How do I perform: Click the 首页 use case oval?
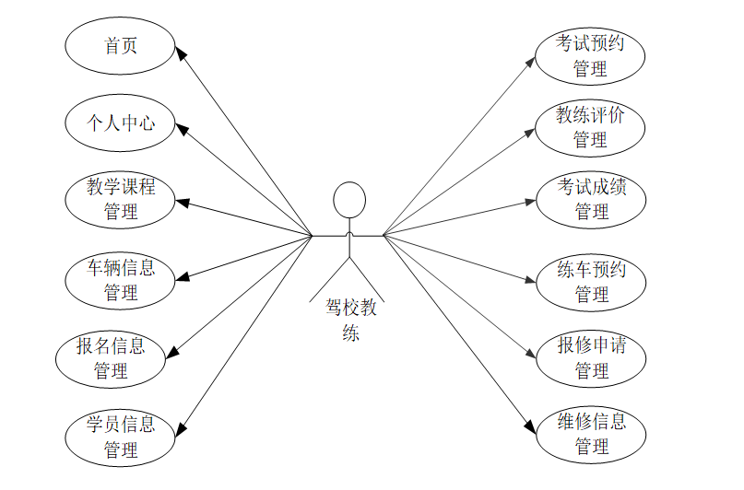pyautogui.click(x=121, y=44)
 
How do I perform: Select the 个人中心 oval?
pyautogui.click(x=121, y=122)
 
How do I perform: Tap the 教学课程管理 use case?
pyautogui.click(x=121, y=199)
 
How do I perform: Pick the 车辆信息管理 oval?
pyautogui.click(x=121, y=280)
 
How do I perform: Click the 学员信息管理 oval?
pyautogui.click(x=121, y=437)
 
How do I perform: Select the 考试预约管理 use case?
pyautogui.click(x=590, y=54)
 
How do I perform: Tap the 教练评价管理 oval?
pyautogui.click(x=590, y=127)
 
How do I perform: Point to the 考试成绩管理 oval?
pyautogui.click(x=592, y=199)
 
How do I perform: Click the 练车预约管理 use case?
pyautogui.click(x=592, y=281)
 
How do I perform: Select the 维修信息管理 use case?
pyautogui.click(x=592, y=434)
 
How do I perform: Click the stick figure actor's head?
pyautogui.click(x=348, y=201)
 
